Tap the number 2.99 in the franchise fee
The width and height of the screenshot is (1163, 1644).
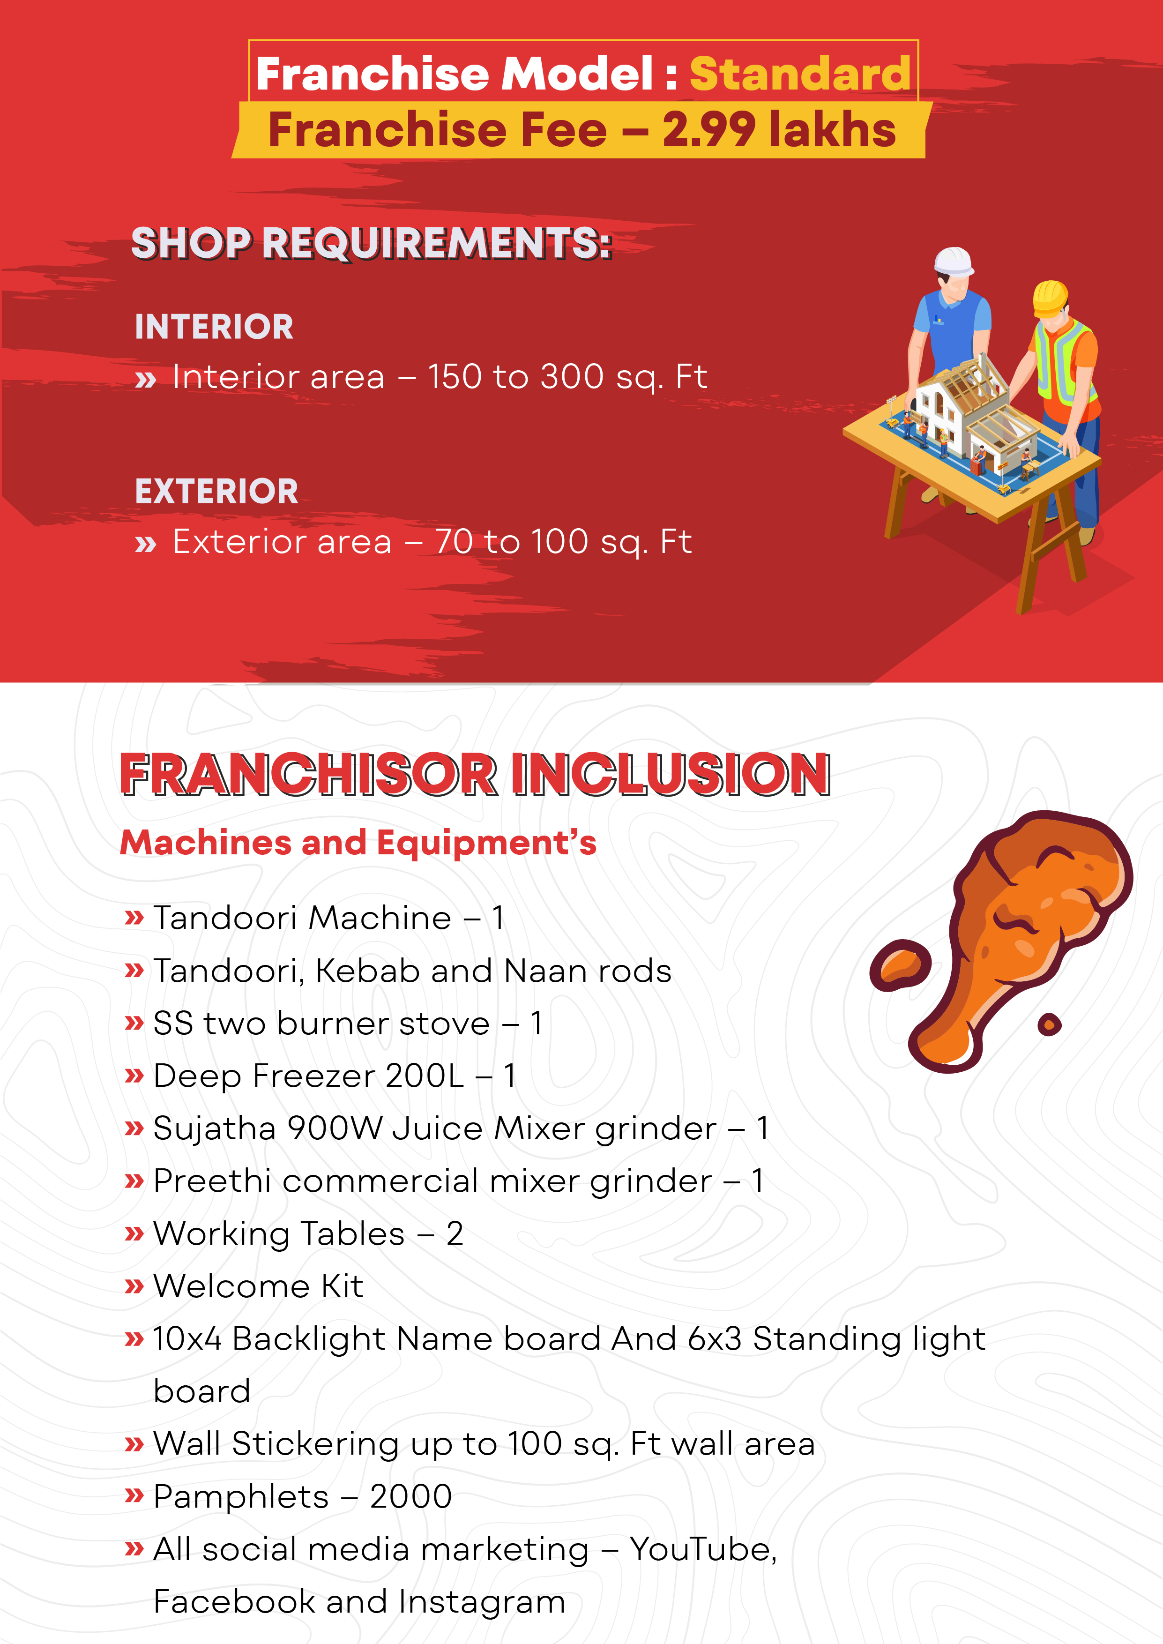708,130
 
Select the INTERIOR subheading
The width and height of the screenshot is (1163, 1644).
214,327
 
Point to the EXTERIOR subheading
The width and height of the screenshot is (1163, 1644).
216,491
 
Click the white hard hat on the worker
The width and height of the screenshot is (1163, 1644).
954,262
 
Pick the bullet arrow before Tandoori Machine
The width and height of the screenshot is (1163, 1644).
134,918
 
